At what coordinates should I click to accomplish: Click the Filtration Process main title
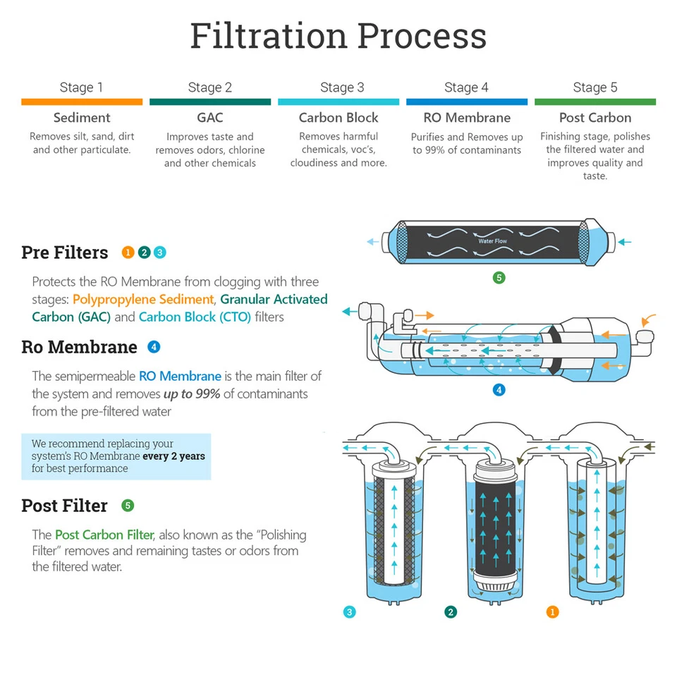point(338,35)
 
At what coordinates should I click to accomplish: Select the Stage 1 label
point(81,87)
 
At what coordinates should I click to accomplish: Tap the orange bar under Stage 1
point(82,102)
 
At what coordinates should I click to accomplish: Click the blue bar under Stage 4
point(466,102)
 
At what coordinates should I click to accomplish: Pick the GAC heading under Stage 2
point(209,118)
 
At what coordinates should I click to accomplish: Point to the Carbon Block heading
point(338,118)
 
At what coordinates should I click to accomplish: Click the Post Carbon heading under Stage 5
point(594,118)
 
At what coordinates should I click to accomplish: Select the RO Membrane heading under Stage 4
point(466,118)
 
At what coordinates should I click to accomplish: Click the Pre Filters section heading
point(65,252)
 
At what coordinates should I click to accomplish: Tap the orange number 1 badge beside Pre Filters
point(128,252)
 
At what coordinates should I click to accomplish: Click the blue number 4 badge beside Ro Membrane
point(154,347)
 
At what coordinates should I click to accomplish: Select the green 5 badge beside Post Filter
point(128,506)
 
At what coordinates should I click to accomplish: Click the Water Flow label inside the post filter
point(492,241)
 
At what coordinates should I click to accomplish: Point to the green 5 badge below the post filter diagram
point(499,278)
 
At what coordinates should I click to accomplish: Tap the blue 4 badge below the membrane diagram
point(499,389)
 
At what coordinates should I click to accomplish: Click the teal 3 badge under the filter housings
point(350,612)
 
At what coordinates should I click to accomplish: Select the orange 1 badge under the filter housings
point(553,612)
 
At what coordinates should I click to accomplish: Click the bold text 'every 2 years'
point(174,456)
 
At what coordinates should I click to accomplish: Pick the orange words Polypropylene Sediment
point(143,300)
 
